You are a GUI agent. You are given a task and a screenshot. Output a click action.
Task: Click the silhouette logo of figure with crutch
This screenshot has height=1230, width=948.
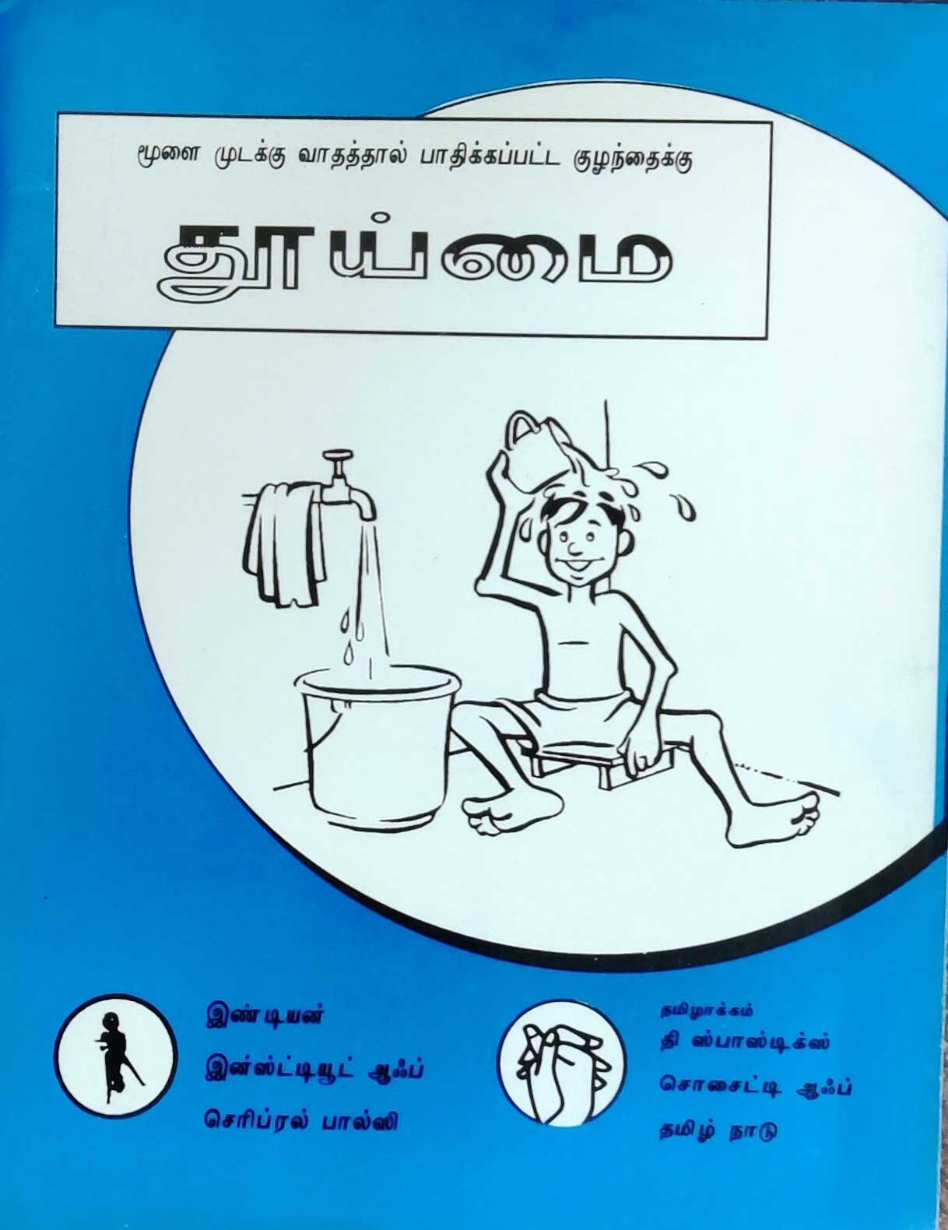click(117, 1059)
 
